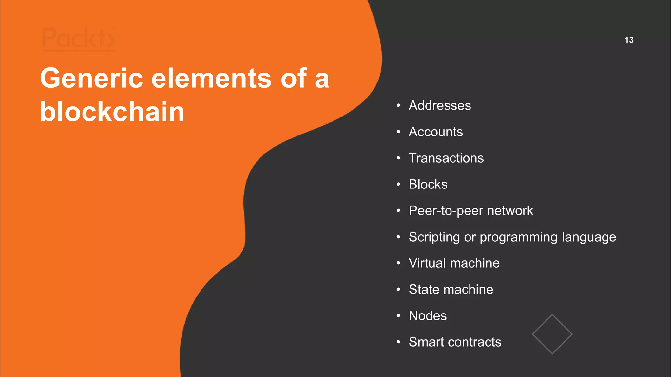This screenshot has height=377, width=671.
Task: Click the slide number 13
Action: (x=629, y=40)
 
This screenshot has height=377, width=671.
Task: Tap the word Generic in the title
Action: (x=91, y=78)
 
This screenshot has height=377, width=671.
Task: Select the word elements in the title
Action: (x=211, y=78)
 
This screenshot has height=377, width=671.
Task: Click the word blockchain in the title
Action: (x=112, y=112)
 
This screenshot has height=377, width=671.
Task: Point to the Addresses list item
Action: (x=440, y=105)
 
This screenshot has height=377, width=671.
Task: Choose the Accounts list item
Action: (x=436, y=132)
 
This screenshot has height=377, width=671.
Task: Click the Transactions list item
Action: (x=446, y=158)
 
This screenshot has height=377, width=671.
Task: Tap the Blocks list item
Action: (x=428, y=184)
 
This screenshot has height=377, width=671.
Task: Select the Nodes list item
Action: (x=428, y=316)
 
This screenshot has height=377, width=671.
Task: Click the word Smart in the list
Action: (x=426, y=342)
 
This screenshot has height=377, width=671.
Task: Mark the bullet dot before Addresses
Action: (x=398, y=105)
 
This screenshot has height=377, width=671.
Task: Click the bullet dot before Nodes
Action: (x=398, y=316)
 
